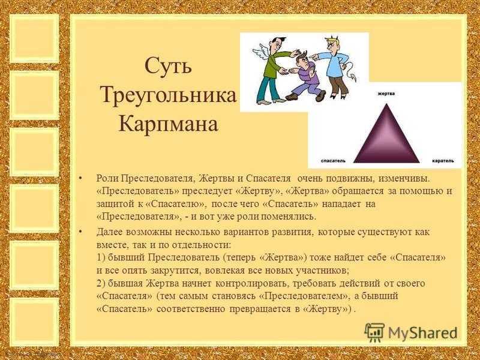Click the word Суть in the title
(168, 65)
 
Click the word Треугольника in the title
(169, 95)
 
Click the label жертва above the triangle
(386, 94)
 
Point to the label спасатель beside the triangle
(333, 161)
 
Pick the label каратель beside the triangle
(443, 161)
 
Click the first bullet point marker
(80, 178)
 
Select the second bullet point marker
(80, 231)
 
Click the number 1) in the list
(101, 257)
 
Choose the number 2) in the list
(101, 284)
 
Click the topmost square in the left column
(34, 38)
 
